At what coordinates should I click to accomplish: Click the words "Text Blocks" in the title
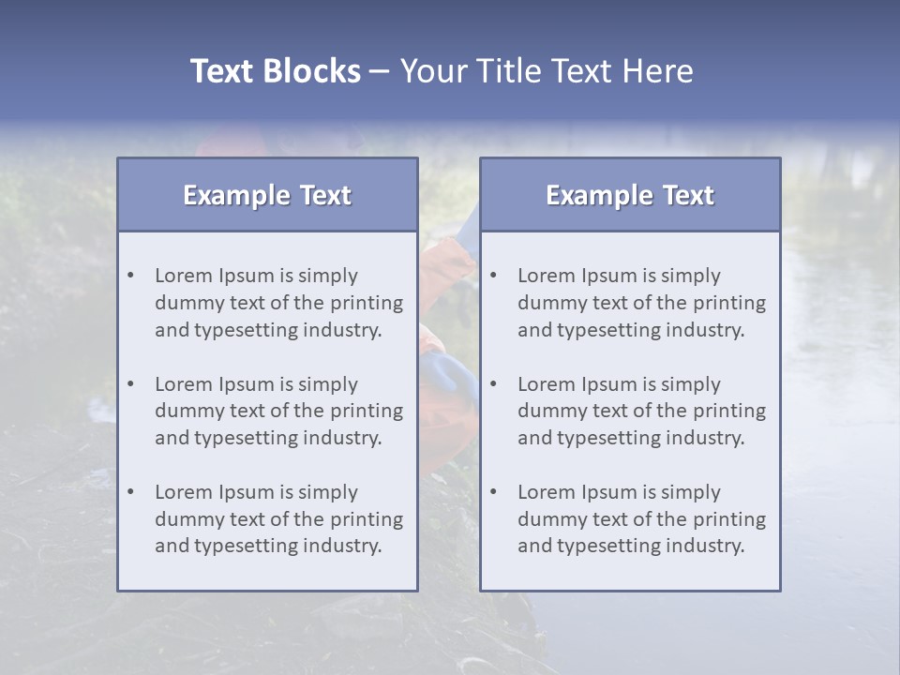pos(275,71)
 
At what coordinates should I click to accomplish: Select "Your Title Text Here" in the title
pos(547,71)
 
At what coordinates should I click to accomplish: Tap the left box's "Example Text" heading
pos(267,195)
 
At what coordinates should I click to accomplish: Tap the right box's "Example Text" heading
pos(630,195)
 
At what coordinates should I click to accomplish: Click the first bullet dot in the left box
pos(131,276)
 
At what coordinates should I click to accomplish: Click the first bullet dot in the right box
pos(494,276)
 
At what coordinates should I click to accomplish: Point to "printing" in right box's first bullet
pos(731,303)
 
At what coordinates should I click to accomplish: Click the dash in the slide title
pos(380,72)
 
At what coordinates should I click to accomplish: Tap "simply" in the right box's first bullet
pos(690,276)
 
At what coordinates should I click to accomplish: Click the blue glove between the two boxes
pos(453,375)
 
